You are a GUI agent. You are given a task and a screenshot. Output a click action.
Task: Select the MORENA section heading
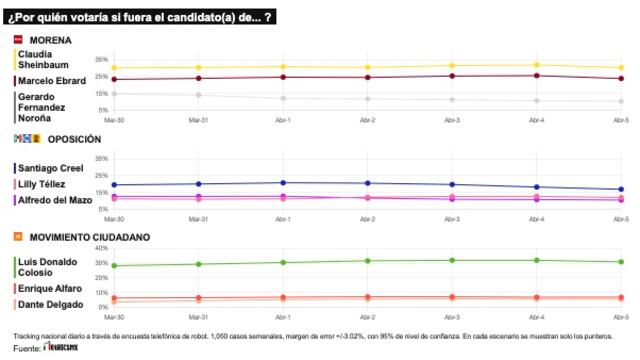click(49, 40)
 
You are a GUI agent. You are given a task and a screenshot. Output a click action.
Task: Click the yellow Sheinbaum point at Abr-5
click(621, 68)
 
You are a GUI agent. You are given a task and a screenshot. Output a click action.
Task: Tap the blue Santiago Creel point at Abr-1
click(283, 183)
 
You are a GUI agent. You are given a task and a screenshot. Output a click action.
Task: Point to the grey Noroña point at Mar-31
click(198, 95)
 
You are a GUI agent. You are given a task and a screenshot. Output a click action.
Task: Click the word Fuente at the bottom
click(27, 349)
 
